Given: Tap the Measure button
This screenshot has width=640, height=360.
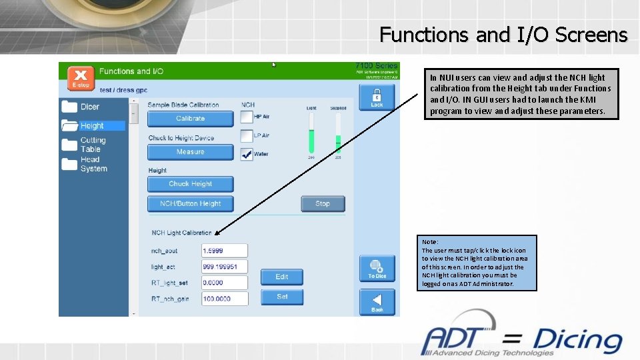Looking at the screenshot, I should (190, 152).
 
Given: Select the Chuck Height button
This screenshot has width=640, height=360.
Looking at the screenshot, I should (190, 184).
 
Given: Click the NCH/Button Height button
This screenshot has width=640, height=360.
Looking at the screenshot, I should (190, 203).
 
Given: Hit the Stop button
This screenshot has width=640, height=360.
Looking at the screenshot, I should (323, 203).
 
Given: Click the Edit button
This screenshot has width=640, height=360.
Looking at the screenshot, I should (282, 277).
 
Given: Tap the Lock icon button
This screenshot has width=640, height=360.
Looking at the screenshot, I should (377, 97).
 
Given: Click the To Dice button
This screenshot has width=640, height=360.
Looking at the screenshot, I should (377, 269).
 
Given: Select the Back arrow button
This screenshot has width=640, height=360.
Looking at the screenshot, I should (377, 302).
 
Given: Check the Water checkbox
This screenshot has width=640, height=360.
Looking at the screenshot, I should (247, 153).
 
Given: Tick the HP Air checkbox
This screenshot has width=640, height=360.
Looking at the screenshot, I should (247, 117).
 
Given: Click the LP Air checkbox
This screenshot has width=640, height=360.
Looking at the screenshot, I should (247, 135).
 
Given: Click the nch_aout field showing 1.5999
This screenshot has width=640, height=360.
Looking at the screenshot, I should (225, 250).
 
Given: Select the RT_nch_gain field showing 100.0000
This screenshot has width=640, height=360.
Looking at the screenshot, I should (225, 299).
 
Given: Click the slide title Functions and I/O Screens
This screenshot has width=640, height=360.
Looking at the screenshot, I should (503, 34).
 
